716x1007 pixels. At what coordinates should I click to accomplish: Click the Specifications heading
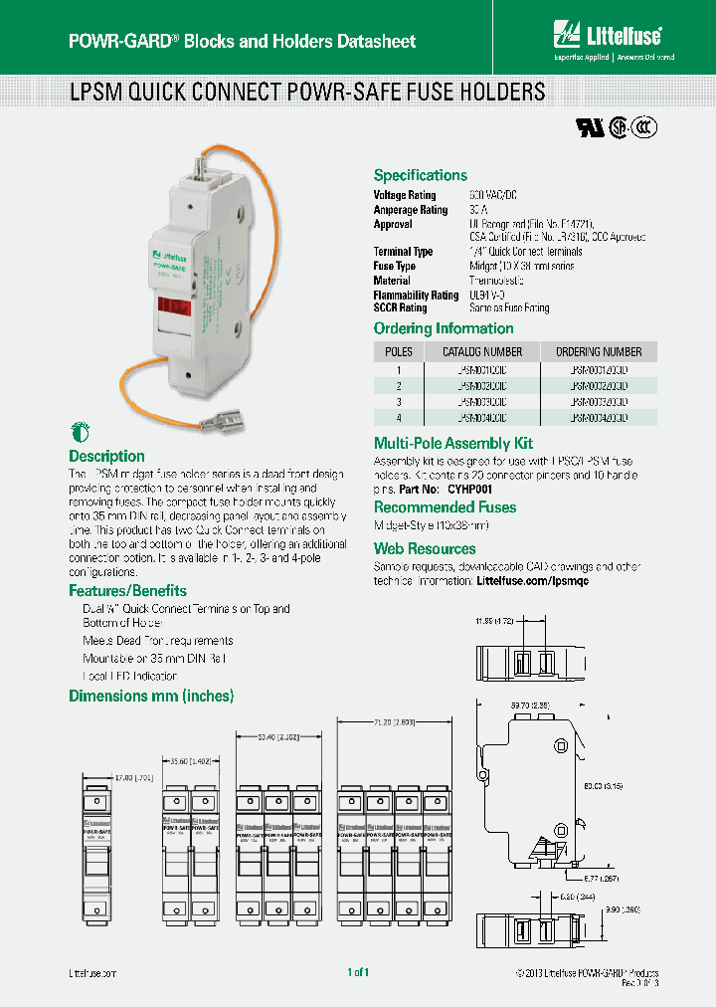(x=420, y=175)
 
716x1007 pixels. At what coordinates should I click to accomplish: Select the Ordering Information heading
(x=444, y=328)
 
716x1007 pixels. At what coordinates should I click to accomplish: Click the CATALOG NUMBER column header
(x=481, y=351)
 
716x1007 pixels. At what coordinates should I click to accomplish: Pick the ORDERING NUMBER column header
(x=599, y=351)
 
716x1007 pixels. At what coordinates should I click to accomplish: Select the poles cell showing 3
(x=398, y=401)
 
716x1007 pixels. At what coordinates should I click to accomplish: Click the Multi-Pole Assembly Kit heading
(x=452, y=443)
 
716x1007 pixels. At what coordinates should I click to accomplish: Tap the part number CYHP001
(x=470, y=490)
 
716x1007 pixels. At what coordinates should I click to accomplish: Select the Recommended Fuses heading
(x=445, y=507)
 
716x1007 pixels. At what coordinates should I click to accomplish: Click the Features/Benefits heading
(x=127, y=591)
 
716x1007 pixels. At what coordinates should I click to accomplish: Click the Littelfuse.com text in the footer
(x=93, y=973)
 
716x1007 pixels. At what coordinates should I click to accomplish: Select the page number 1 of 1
(x=358, y=972)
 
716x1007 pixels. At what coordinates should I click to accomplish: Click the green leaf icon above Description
(x=79, y=432)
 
